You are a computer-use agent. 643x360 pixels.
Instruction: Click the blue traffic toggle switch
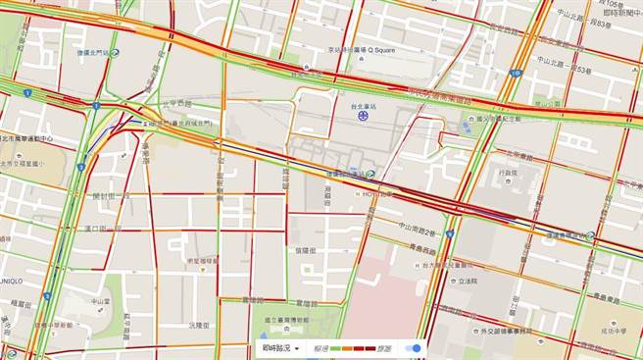point(417,347)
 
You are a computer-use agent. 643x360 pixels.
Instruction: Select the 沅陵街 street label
point(195,324)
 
